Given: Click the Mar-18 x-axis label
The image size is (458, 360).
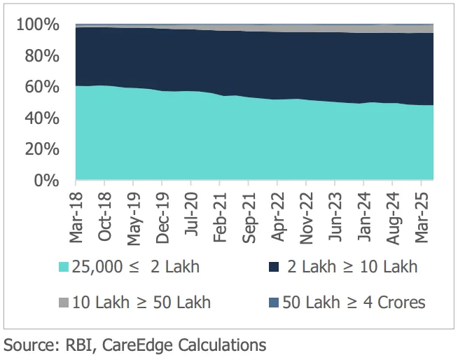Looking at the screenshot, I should point(76,216).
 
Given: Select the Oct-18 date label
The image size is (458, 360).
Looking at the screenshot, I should point(105,216).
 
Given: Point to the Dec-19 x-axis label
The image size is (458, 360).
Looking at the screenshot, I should point(162,216).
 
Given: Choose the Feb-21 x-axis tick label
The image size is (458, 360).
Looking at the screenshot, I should point(221,216).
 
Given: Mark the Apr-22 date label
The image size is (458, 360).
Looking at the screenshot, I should point(278,216).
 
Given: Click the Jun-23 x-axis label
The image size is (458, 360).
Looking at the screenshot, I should point(335,216).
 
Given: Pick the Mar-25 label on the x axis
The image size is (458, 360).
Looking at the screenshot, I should point(422,216).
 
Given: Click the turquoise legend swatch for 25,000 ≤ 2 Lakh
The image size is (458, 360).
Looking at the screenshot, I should point(63,267).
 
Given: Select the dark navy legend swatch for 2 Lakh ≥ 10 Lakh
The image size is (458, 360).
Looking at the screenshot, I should point(274,267).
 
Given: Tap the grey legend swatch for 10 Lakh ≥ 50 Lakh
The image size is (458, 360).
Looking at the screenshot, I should point(63,303).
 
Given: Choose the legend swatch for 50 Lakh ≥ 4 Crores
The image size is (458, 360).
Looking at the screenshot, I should point(274,303).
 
